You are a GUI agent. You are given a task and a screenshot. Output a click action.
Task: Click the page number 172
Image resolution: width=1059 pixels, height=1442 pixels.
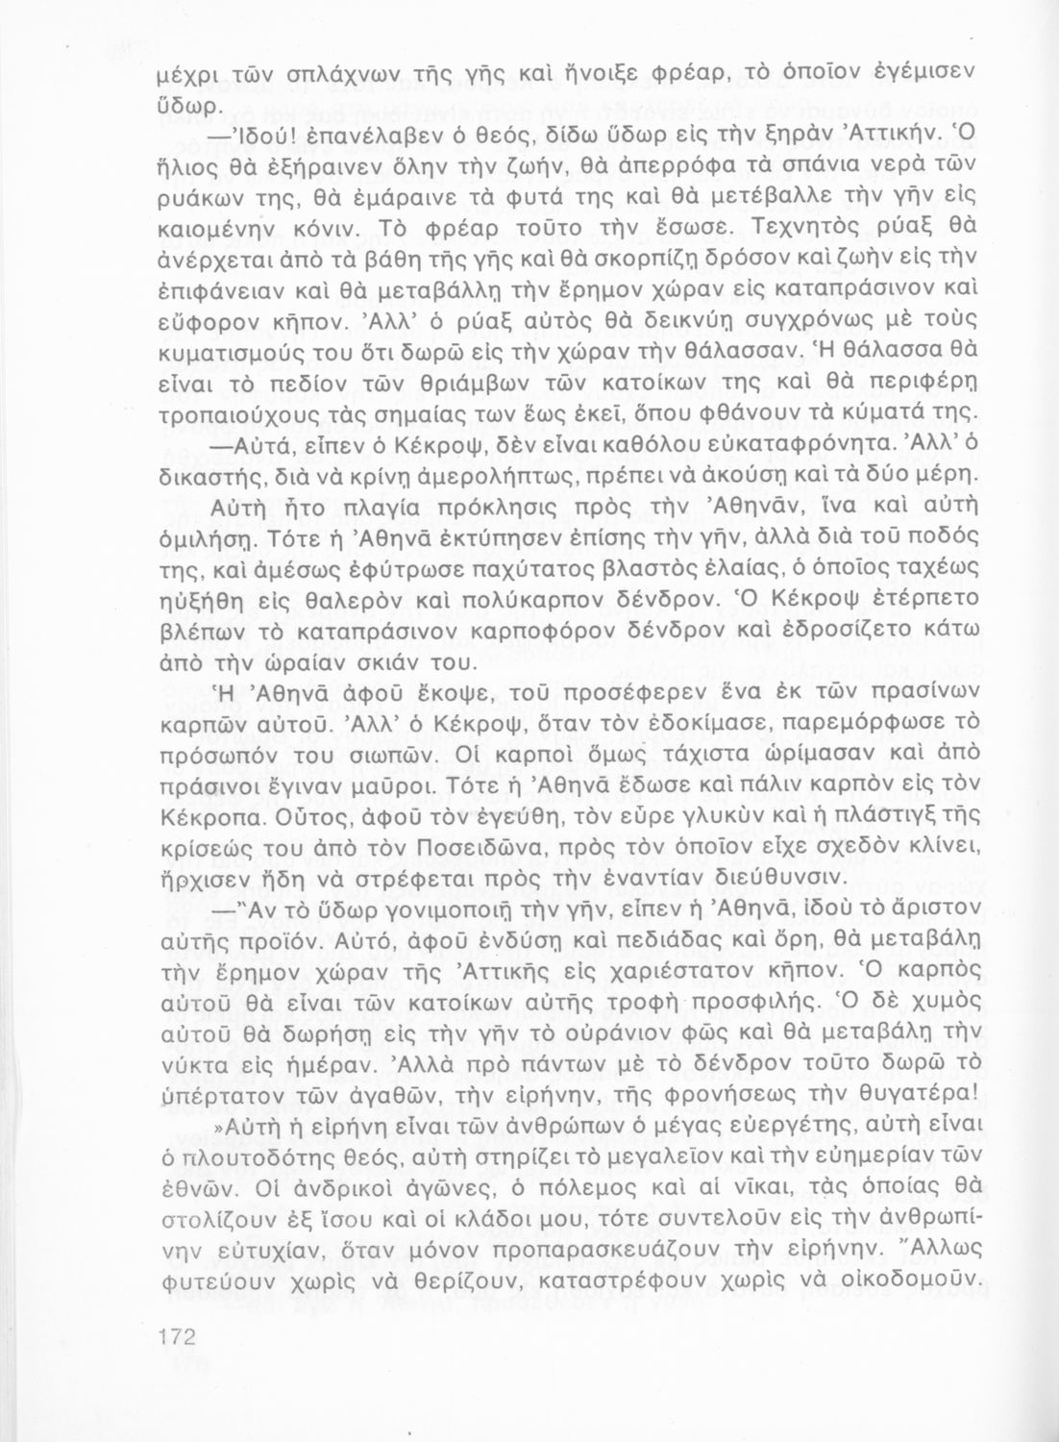[176, 1337]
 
